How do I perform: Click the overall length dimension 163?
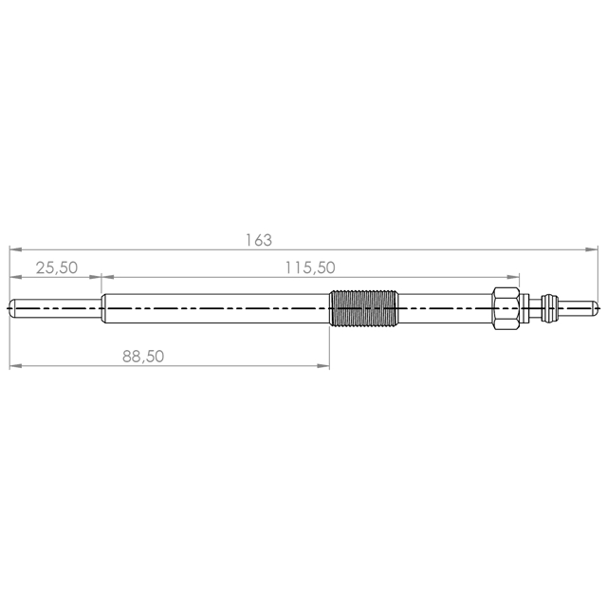point(259,240)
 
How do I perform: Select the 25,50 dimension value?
point(57,267)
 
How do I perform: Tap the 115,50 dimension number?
point(310,267)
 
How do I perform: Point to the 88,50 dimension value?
point(143,357)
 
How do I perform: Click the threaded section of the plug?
point(363,308)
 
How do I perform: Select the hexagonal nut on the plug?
point(506,308)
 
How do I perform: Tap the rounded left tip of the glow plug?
point(11,308)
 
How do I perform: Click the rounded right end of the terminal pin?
point(595,308)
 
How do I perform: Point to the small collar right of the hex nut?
point(524,308)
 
